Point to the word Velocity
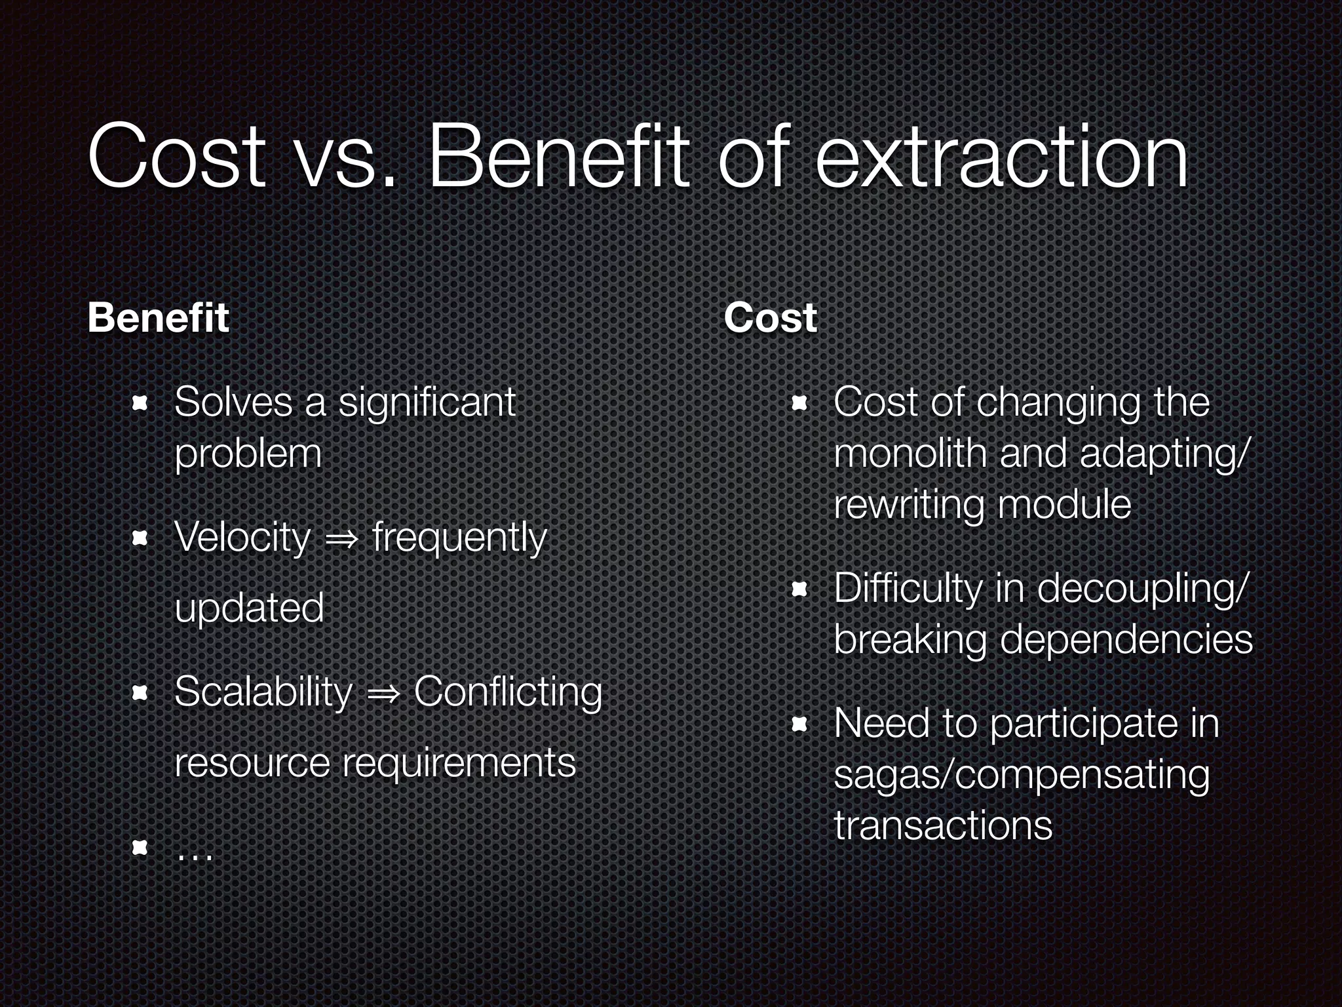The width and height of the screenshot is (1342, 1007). coord(242,538)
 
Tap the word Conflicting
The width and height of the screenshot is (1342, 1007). coord(508,692)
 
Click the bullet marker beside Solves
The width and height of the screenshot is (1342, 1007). coord(139,403)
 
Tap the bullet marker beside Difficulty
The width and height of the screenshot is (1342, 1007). coord(798,589)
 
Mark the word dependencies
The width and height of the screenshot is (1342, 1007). coord(1126,639)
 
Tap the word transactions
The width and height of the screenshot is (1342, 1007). coord(943,825)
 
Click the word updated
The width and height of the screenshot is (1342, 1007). coord(249,608)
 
